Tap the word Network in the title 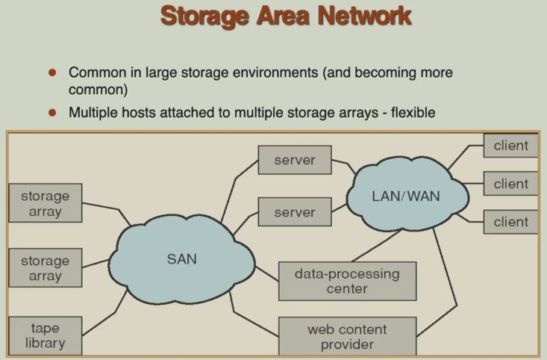click(x=361, y=16)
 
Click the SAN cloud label click(x=181, y=258)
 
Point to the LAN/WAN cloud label click(x=406, y=196)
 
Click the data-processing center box click(x=347, y=281)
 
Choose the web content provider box click(x=347, y=336)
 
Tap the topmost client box click(x=510, y=146)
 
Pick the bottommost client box click(x=510, y=222)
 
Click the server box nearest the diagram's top click(x=295, y=160)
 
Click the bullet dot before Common click(x=52, y=73)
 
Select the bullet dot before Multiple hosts click(x=52, y=113)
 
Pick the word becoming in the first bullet click(x=390, y=73)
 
